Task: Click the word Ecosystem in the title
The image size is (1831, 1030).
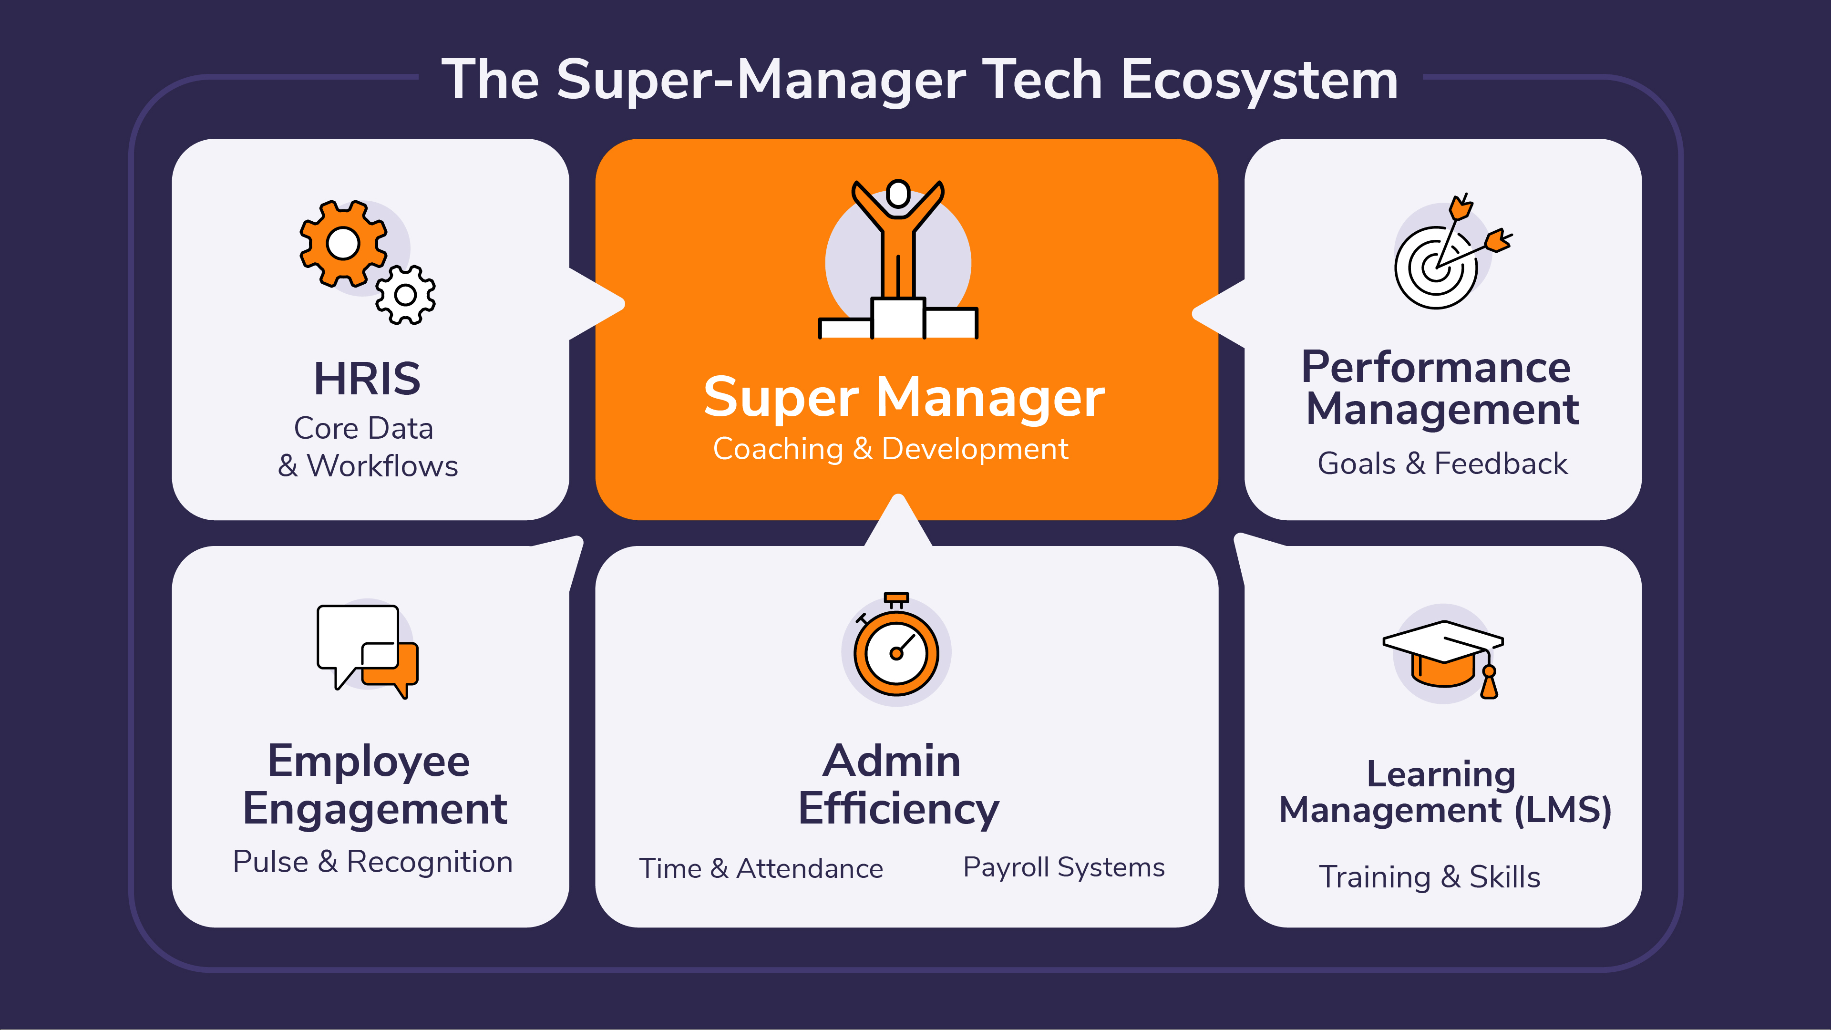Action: coord(1259,80)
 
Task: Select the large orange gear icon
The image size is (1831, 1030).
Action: coord(343,244)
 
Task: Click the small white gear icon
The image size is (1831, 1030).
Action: coord(405,295)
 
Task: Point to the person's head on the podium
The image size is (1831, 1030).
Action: coord(898,193)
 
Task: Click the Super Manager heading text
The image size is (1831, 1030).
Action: coord(904,397)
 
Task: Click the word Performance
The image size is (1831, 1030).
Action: coord(1435,368)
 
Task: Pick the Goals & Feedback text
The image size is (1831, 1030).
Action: coord(1442,463)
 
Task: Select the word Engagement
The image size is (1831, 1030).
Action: coord(375,809)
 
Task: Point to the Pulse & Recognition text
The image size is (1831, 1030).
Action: coord(372,862)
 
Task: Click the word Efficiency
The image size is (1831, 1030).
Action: coord(898,809)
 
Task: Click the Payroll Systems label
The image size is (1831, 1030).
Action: coord(1063,867)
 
